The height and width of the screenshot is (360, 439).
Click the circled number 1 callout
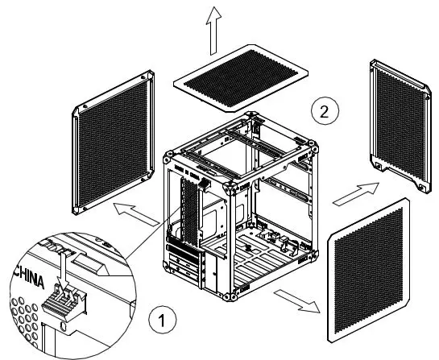click(163, 321)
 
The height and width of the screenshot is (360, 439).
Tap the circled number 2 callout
click(323, 111)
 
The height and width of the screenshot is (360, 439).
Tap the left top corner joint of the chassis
click(168, 152)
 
